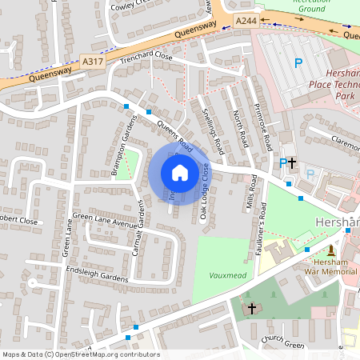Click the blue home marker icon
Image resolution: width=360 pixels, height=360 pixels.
pos(180,172)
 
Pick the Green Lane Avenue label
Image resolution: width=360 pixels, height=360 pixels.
pos(105,216)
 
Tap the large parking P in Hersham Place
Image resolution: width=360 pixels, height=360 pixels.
pos(298,63)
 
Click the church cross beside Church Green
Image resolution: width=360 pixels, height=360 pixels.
pos(252,308)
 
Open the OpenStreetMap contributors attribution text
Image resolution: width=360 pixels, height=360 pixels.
pos(80,354)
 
